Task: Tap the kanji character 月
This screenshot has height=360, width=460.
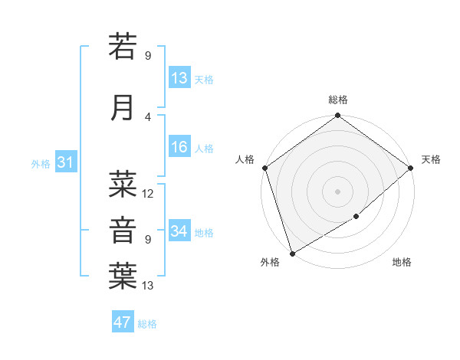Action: (123, 108)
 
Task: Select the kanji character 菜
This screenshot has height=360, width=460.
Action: (123, 184)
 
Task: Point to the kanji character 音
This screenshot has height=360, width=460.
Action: (123, 231)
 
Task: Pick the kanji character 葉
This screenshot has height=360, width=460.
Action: (123, 277)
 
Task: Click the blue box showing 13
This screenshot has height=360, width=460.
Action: (179, 78)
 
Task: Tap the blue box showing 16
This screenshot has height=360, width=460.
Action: (179, 148)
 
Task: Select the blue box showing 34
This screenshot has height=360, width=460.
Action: (179, 231)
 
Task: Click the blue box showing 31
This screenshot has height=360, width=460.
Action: (65, 162)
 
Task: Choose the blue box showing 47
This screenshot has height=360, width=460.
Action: (123, 322)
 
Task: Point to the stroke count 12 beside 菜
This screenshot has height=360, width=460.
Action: (148, 194)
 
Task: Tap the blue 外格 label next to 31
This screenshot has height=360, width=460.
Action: (41, 163)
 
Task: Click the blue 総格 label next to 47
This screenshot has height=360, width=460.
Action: (147, 323)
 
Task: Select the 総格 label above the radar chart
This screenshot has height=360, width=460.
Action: (338, 100)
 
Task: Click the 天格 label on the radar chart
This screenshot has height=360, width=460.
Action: (431, 159)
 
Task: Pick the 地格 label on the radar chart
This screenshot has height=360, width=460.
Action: (402, 262)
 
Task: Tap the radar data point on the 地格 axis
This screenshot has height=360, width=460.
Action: (357, 217)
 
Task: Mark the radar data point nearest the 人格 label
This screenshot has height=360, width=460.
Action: (264, 168)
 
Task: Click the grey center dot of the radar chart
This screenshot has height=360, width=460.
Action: (337, 191)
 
